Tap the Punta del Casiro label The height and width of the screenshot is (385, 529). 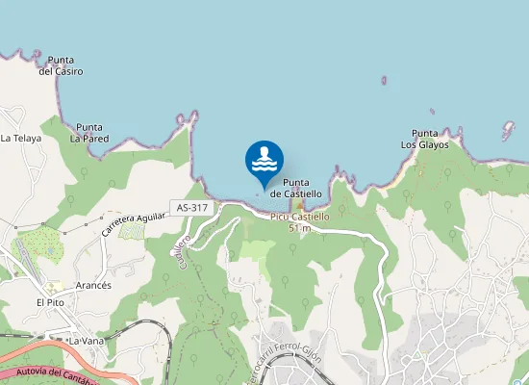tap(61, 65)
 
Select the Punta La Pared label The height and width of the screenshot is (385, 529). tap(89, 133)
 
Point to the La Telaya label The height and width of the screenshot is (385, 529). tap(21, 139)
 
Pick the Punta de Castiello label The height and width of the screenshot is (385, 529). tap(295, 188)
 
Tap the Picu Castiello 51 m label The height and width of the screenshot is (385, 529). tap(300, 222)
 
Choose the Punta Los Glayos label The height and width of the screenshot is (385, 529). tap(424, 139)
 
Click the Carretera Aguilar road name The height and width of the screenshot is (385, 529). tap(135, 224)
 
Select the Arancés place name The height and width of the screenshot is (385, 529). tap(93, 286)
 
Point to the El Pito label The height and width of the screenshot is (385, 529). tap(49, 302)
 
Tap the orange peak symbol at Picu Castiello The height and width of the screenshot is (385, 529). tap(299, 205)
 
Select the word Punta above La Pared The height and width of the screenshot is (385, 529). tap(89, 127)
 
